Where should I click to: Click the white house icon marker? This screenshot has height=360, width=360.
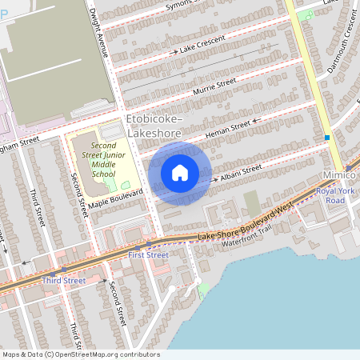click(x=180, y=172)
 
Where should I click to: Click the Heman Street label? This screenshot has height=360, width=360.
click(x=228, y=129)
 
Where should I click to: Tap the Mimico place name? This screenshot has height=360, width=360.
click(x=342, y=173)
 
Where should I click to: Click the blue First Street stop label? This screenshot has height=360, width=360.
click(x=148, y=255)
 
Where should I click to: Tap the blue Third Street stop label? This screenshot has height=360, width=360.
click(x=64, y=281)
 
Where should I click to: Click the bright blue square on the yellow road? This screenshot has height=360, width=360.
click(x=327, y=138)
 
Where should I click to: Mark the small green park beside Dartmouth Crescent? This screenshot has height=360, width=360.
click(x=305, y=14)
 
